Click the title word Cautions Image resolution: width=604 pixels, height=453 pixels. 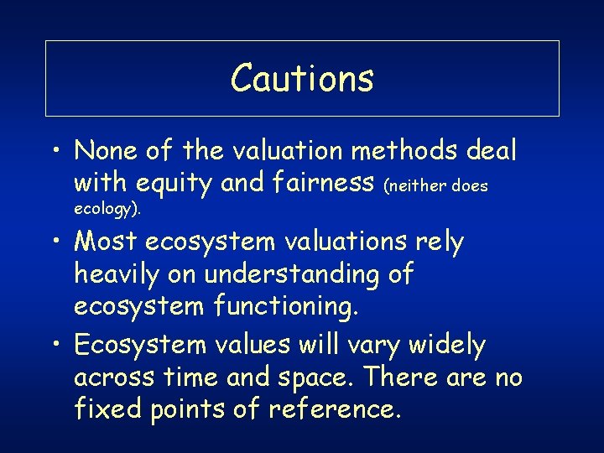[302, 78]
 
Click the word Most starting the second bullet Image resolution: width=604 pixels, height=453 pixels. [106, 242]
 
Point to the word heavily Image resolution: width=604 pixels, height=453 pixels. [121, 273]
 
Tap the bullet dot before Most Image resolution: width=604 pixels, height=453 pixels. [53, 243]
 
